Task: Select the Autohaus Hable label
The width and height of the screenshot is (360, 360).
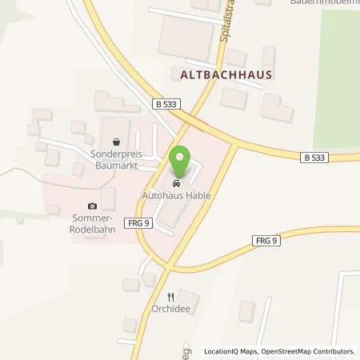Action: coord(182,194)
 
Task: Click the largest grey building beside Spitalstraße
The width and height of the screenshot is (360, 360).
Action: coord(185,36)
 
